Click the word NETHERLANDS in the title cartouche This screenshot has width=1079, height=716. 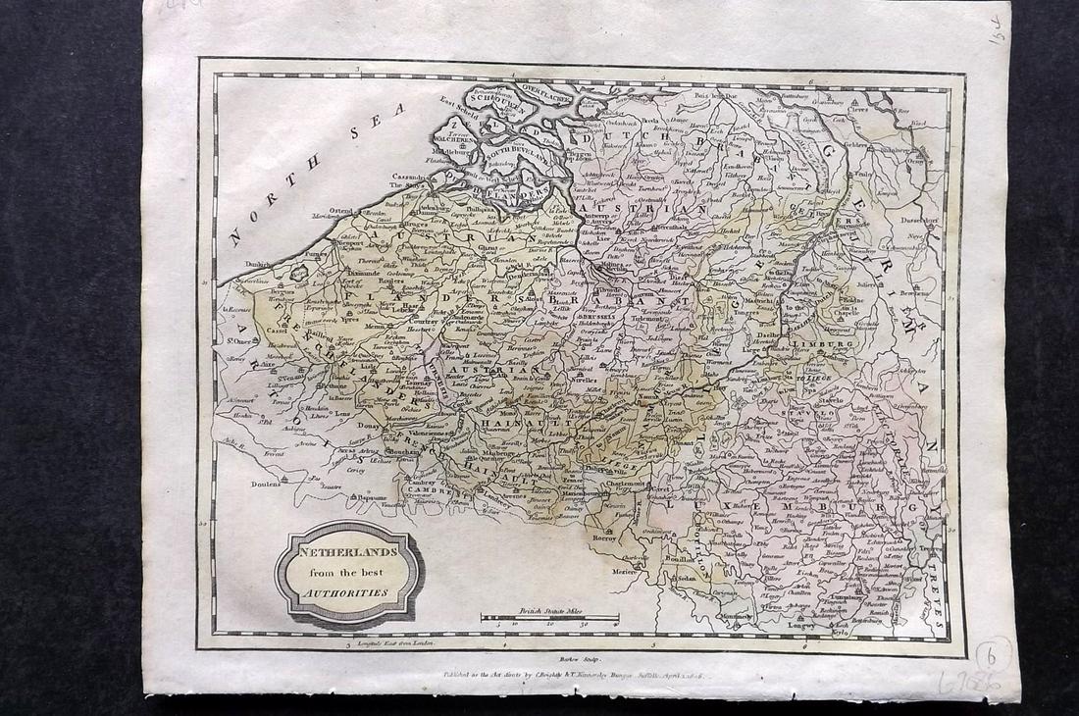click(x=348, y=551)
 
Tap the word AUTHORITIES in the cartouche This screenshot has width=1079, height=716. click(x=349, y=593)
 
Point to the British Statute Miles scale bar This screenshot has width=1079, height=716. click(x=549, y=617)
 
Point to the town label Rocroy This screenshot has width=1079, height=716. click(x=602, y=537)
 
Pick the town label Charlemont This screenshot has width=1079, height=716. click(x=622, y=483)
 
